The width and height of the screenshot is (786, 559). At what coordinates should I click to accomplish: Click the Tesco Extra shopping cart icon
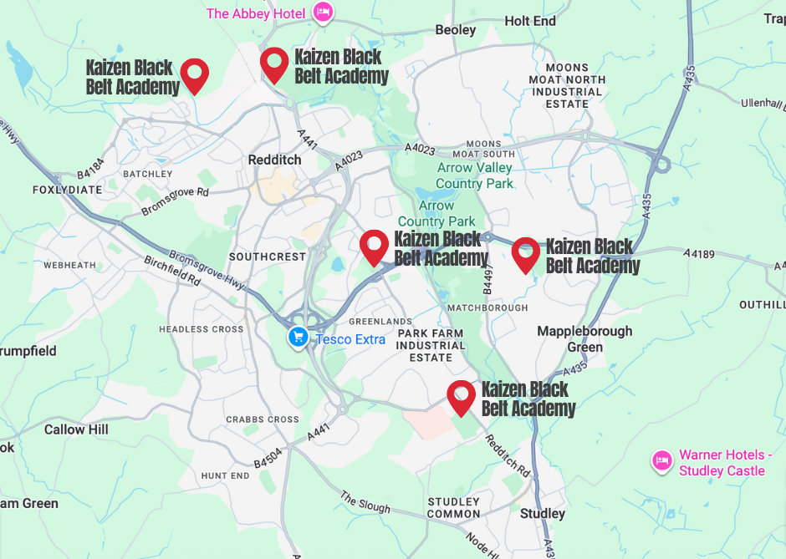click(298, 338)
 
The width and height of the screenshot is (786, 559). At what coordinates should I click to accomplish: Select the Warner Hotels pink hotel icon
click(662, 460)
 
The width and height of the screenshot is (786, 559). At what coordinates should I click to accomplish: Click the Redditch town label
click(274, 159)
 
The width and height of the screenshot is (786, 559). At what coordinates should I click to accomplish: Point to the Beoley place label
click(456, 30)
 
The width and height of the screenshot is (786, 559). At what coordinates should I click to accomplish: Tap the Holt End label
click(530, 20)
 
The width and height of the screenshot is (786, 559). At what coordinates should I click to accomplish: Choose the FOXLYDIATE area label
click(67, 190)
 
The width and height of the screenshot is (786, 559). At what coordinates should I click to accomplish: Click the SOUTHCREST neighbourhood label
click(268, 257)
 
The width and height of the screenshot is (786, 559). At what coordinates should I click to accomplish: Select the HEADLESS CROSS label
click(202, 329)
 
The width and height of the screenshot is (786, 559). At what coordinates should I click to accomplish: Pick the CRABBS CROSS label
click(262, 419)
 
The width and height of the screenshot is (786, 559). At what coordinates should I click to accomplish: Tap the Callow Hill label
click(76, 429)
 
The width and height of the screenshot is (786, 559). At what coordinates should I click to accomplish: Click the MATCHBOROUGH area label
click(487, 307)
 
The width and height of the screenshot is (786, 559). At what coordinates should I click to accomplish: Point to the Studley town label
click(543, 513)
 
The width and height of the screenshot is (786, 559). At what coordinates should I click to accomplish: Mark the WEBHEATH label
click(70, 265)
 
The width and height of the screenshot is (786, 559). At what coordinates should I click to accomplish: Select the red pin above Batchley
click(195, 74)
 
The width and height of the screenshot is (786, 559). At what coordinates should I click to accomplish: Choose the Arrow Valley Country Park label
click(473, 175)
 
